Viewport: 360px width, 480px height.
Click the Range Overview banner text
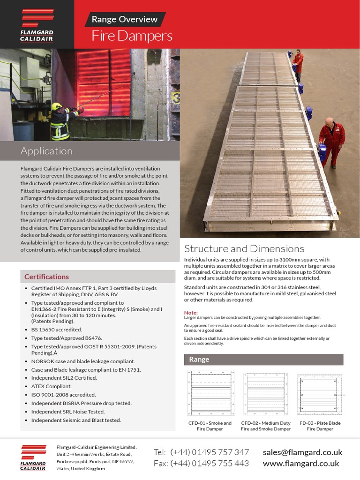[124, 19]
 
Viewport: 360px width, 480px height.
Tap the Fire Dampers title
[132, 36]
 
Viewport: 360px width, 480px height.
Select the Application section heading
[46, 151]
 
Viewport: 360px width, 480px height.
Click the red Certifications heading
[46, 277]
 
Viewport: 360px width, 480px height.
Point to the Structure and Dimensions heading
[244, 248]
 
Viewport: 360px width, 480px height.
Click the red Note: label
[191, 313]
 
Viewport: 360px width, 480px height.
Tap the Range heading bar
[263, 360]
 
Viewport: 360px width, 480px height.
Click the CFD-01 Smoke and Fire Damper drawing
[210, 393]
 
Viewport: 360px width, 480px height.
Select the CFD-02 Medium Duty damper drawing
[265, 393]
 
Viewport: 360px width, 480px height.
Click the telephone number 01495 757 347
[210, 452]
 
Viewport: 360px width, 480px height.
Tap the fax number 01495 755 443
[210, 463]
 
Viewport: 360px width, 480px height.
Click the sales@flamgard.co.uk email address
[303, 452]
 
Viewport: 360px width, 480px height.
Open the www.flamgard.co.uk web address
[301, 463]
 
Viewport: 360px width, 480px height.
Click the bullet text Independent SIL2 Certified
[64, 378]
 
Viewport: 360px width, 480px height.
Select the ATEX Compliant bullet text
[52, 386]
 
